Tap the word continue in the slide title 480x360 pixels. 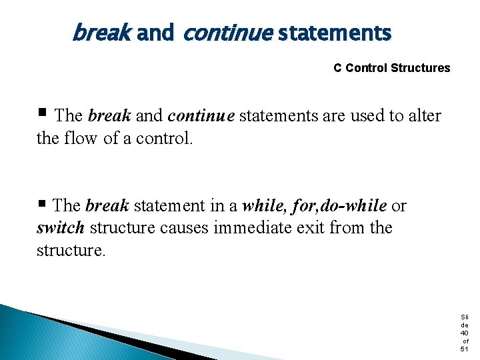pos(227,31)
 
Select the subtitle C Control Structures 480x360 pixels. pos(391,68)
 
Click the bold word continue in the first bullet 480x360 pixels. pos(201,116)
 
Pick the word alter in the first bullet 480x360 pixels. pos(424,116)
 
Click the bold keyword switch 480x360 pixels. pos(61,228)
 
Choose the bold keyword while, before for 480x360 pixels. pos(264,206)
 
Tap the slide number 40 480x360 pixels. pos(464,333)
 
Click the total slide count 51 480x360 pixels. pos(464,349)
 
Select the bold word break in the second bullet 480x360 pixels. pos(107,206)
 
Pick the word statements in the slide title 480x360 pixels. pos(335,31)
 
